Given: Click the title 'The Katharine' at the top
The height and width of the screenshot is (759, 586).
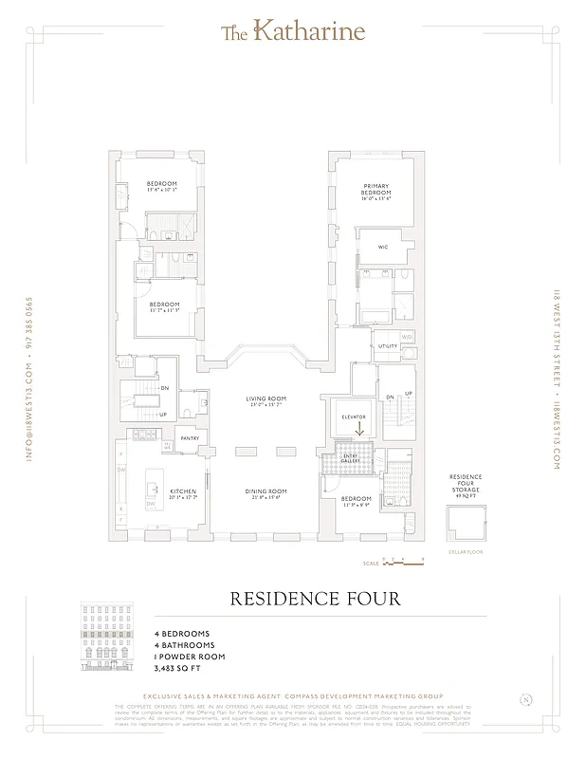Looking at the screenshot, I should pos(292,32).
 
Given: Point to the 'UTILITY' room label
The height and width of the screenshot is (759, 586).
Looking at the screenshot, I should pos(388,347).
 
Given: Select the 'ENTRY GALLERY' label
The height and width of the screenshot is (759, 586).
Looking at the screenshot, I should pos(352,459).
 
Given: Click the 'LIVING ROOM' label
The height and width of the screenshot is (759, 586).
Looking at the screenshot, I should pos(266,400).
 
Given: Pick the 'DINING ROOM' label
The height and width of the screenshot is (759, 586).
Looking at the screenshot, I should pos(266,491).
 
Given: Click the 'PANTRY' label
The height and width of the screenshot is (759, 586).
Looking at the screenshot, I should pos(190,438).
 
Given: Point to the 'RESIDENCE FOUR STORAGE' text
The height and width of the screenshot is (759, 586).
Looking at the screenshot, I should pos(465,485).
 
